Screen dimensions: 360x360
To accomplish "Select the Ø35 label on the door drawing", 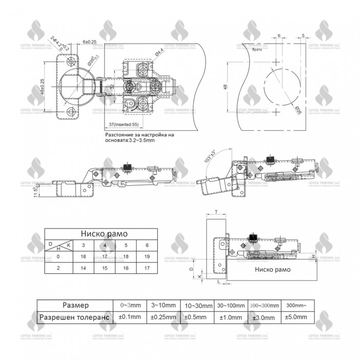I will point(298,110).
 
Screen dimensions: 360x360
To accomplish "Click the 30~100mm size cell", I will point(230,305).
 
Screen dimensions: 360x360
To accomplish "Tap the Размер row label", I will point(75,305).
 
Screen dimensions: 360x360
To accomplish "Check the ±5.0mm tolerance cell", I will point(297,317).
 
